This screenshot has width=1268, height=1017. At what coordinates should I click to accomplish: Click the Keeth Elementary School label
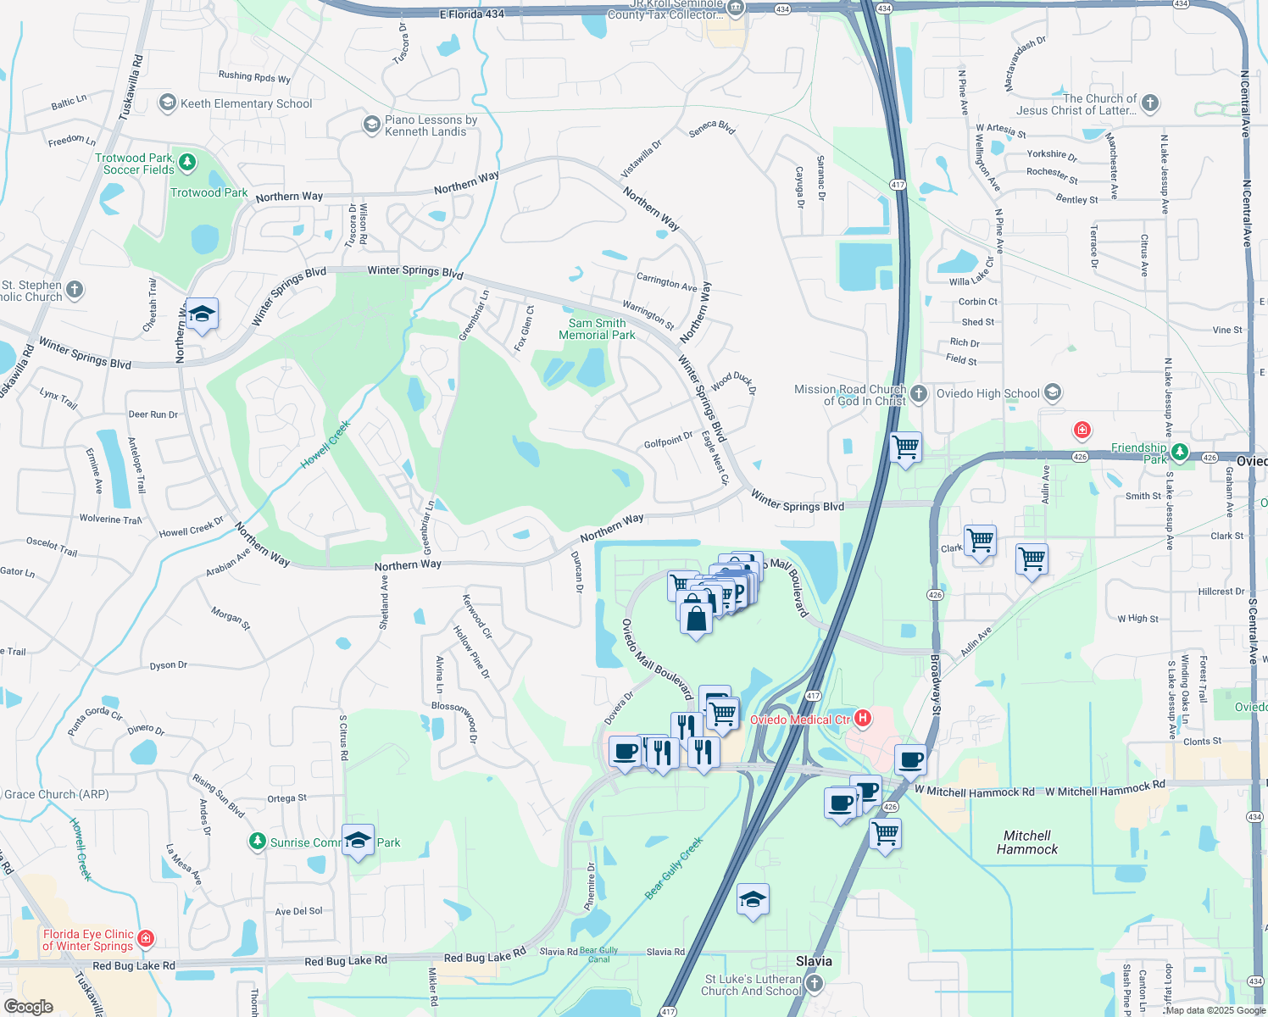[x=246, y=103]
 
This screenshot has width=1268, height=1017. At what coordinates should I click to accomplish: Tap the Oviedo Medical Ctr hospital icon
[x=863, y=720]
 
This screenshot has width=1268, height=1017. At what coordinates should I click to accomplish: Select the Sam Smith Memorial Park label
[x=597, y=329]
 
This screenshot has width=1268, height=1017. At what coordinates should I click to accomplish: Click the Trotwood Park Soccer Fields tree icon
[x=187, y=161]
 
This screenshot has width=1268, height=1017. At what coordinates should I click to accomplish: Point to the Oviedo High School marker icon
[x=1053, y=392]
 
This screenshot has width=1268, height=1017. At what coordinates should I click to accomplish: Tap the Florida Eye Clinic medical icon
[x=146, y=938]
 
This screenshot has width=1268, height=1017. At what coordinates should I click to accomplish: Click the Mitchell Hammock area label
[x=1027, y=842]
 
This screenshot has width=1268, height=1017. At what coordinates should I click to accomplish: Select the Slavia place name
[x=814, y=961]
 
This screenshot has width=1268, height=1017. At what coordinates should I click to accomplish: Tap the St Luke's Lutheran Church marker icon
[x=815, y=983]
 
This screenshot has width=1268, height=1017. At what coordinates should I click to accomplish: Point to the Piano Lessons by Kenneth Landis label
[x=431, y=125]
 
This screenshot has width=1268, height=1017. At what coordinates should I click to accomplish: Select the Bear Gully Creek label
[x=674, y=868]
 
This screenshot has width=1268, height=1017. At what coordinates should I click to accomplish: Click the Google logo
[x=29, y=1006]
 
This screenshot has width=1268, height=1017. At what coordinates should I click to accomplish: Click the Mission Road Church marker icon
[x=919, y=392]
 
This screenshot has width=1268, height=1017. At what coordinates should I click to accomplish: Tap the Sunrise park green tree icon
[x=257, y=842]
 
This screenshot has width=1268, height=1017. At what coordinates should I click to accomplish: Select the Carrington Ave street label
[x=667, y=282]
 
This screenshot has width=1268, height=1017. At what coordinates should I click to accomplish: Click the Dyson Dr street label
[x=169, y=665]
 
